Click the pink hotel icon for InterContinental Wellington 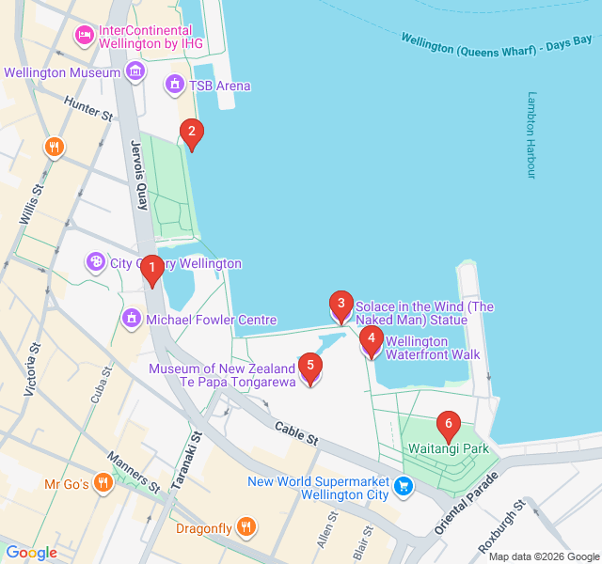coord(84,36)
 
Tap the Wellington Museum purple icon coord(135,71)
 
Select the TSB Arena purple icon coord(174,86)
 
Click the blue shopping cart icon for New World coord(404,486)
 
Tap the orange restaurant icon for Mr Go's coord(104,485)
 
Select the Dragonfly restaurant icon coord(246,528)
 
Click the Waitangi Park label coord(449,449)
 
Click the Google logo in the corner coord(31,553)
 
